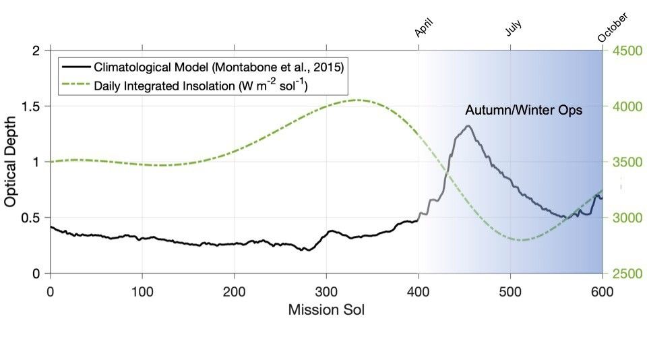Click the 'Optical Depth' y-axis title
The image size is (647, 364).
[x=11, y=162]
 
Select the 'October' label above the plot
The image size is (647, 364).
[x=613, y=28]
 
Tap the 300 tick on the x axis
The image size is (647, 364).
[x=326, y=291]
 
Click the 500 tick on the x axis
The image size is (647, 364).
[x=510, y=291]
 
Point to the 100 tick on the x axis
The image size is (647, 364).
[x=142, y=291]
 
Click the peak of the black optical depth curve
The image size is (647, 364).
[x=468, y=126]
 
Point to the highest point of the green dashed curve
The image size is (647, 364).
[x=358, y=100]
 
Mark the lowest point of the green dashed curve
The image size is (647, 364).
[x=520, y=240]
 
